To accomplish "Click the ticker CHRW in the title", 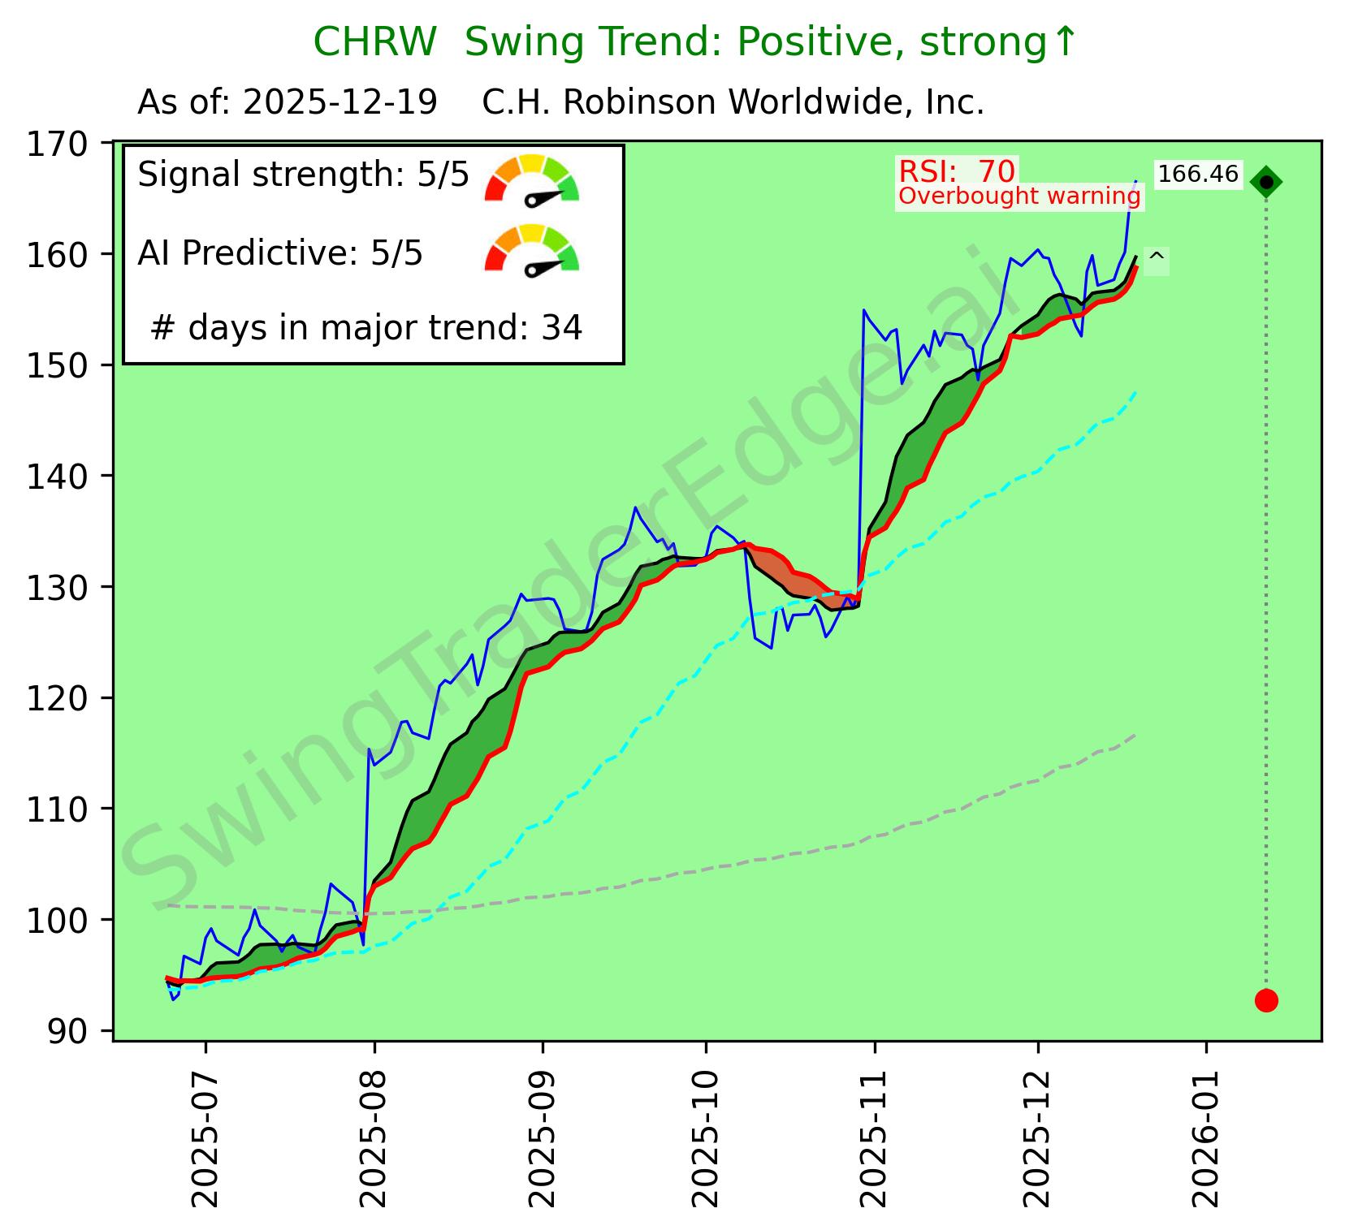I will coord(374,43).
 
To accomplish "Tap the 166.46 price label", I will coord(1198,175).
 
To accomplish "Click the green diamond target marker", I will coord(1265,183).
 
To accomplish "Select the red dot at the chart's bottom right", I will coord(1265,1000).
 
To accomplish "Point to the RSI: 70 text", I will coord(957,171).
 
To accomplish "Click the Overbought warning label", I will coord(1019,196).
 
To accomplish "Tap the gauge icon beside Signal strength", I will coord(531,179).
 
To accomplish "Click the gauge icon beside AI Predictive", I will coord(531,249).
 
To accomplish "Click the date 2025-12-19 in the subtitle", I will coord(340,103).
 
